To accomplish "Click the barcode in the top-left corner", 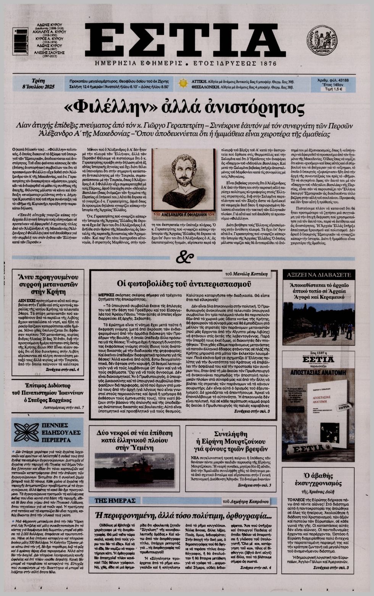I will pyautogui.click(x=20, y=42).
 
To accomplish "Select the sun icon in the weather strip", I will pyautogui.click(x=183, y=83).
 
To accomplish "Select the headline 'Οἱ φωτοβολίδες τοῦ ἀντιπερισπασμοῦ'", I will pyautogui.click(x=184, y=284).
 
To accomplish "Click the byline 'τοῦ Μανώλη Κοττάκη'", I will pyautogui.click(x=251, y=274).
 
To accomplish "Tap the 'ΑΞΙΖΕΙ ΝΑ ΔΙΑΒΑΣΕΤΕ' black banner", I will pyautogui.click(x=319, y=274).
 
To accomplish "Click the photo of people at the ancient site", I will pyautogui.click(x=319, y=324).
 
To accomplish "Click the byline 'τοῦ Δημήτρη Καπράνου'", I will pyautogui.click(x=246, y=501).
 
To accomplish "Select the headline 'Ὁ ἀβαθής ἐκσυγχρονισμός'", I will pyautogui.click(x=319, y=480).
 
